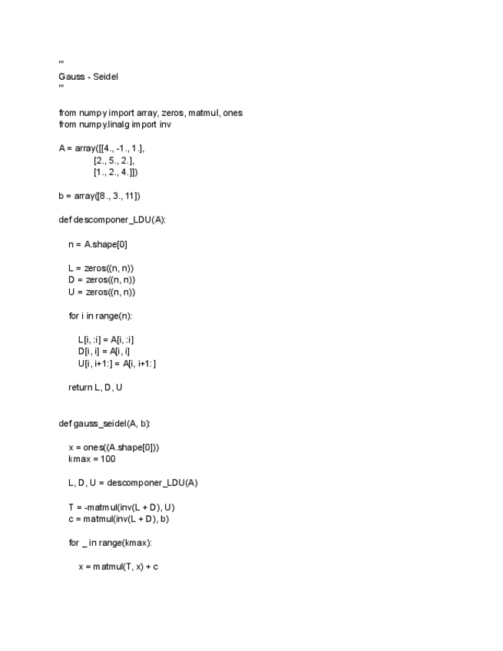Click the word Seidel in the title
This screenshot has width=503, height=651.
(x=105, y=76)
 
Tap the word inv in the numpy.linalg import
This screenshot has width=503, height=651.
(x=166, y=124)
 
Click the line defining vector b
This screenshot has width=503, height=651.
(x=99, y=197)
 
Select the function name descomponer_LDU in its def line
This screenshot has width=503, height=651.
(x=114, y=220)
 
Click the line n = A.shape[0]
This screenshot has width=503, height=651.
(x=103, y=245)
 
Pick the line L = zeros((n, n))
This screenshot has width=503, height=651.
(x=101, y=269)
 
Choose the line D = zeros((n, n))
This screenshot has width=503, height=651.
(x=101, y=280)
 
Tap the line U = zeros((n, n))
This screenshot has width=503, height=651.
(x=101, y=292)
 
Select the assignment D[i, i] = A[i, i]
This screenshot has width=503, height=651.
(x=108, y=352)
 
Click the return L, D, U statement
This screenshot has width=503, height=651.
(x=95, y=388)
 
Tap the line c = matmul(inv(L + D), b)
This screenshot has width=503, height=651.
(x=118, y=519)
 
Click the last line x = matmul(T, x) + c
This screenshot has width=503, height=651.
(x=117, y=567)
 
